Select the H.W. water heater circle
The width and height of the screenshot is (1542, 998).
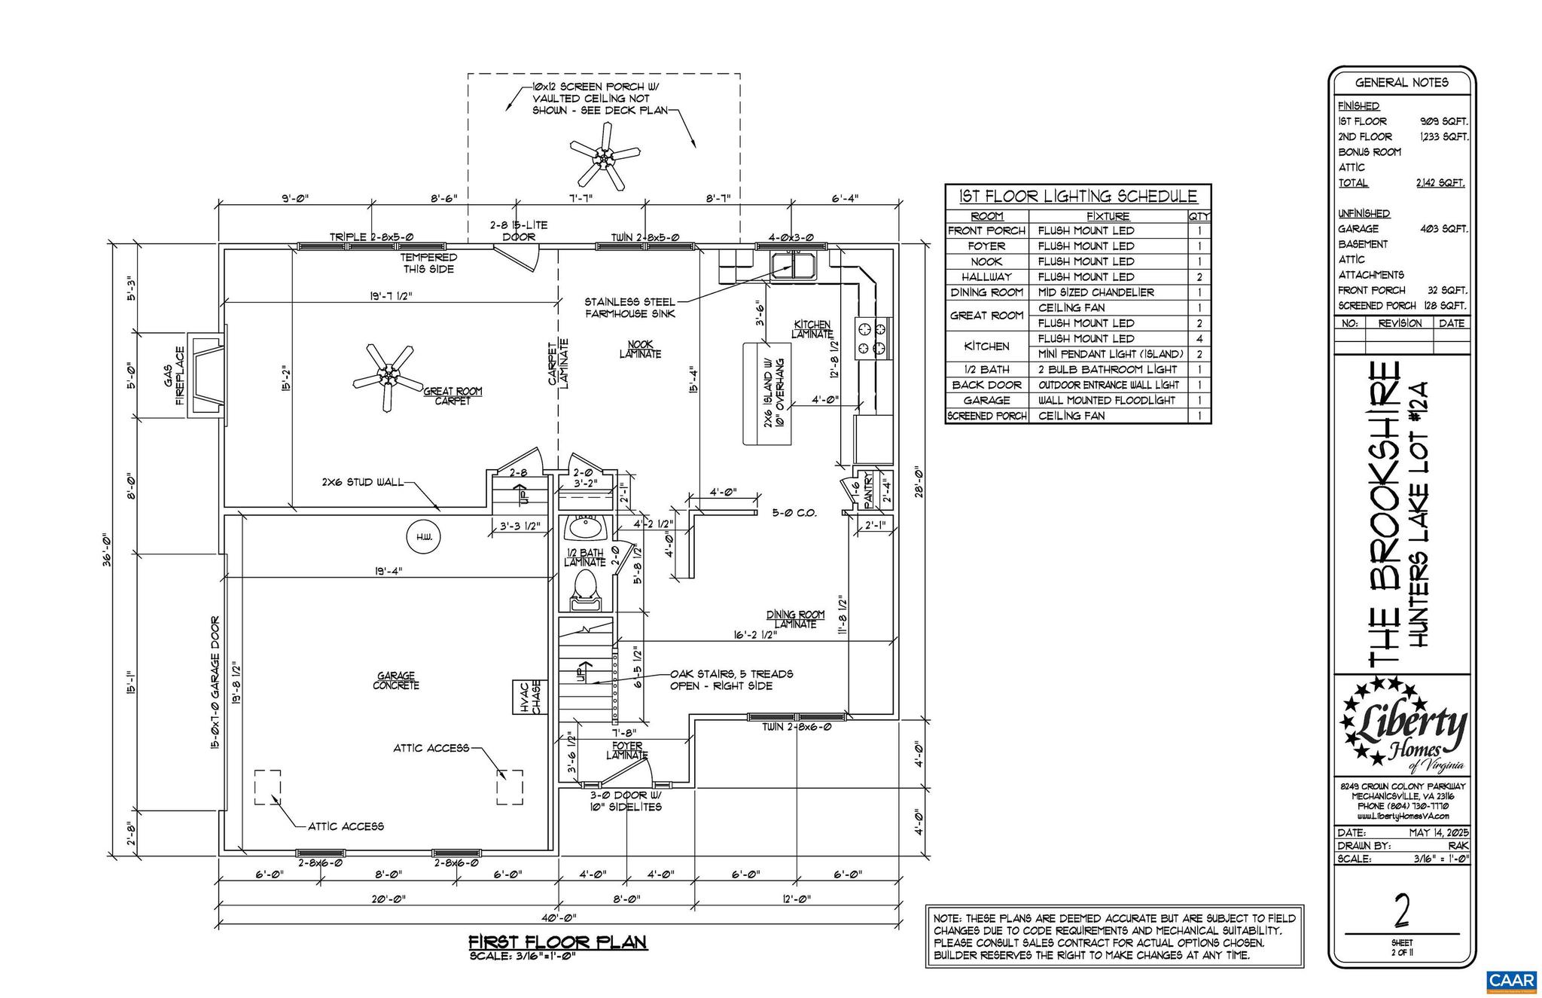(423, 537)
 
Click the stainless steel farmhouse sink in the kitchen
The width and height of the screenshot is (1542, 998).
(793, 265)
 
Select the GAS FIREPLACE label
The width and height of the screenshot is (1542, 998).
(174, 375)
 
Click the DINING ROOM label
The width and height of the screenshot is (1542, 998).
(796, 615)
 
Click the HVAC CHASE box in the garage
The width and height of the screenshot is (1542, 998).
(532, 697)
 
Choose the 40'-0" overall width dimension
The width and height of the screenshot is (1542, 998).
(558, 918)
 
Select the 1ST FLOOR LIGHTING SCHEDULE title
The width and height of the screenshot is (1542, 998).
(1077, 197)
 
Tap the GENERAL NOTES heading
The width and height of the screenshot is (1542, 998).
(1401, 83)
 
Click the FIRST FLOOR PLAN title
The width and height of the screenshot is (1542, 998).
(558, 942)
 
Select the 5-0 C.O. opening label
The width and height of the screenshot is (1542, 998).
(794, 514)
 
